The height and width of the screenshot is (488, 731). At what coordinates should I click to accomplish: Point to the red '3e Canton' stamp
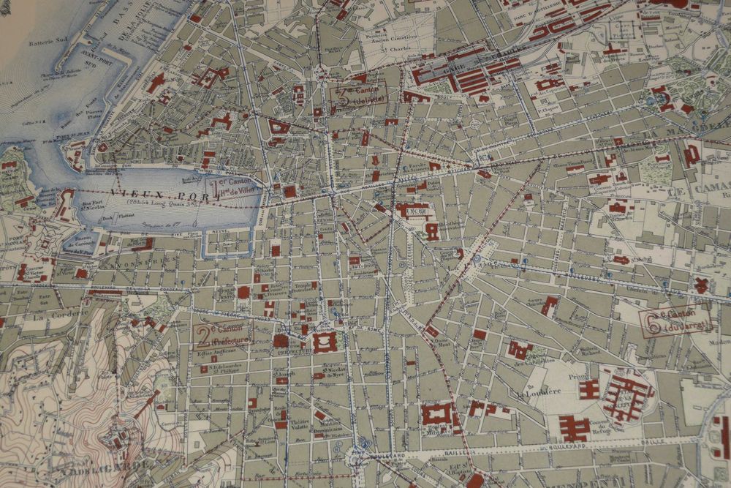coord(357,94)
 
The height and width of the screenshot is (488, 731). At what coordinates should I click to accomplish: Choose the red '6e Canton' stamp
coord(676,320)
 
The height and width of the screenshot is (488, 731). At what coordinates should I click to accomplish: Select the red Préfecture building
coord(325,342)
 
